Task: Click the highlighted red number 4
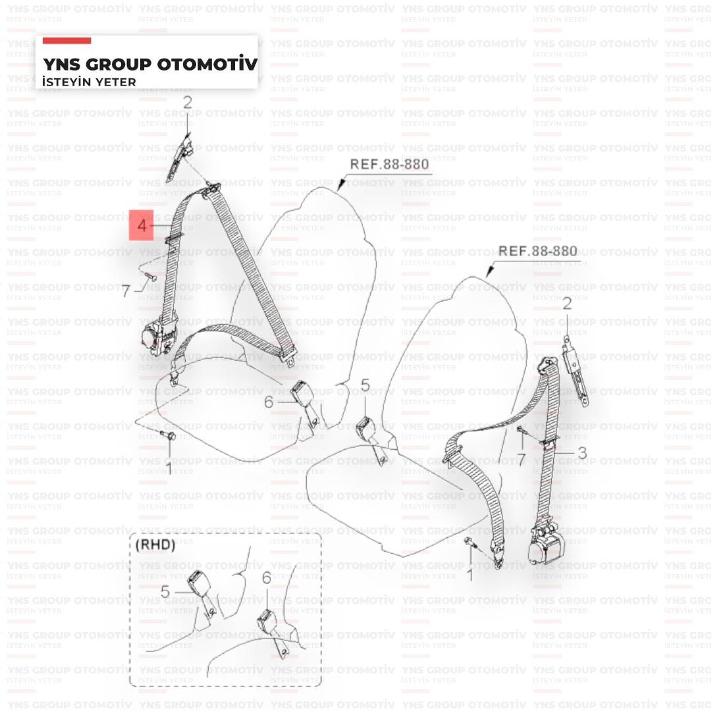point(142,225)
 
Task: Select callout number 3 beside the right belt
point(582,453)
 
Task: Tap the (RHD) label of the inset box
point(155,545)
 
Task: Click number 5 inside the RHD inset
point(165,592)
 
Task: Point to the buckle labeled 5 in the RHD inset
point(197,585)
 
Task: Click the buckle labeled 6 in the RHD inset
point(267,621)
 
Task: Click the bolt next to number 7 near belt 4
point(149,278)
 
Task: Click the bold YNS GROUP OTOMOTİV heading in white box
point(149,65)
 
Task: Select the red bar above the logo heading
point(66,41)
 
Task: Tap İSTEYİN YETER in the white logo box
point(89,82)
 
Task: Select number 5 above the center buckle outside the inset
point(365,386)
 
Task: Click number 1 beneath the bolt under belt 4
point(167,469)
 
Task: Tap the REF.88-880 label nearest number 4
point(388,164)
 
